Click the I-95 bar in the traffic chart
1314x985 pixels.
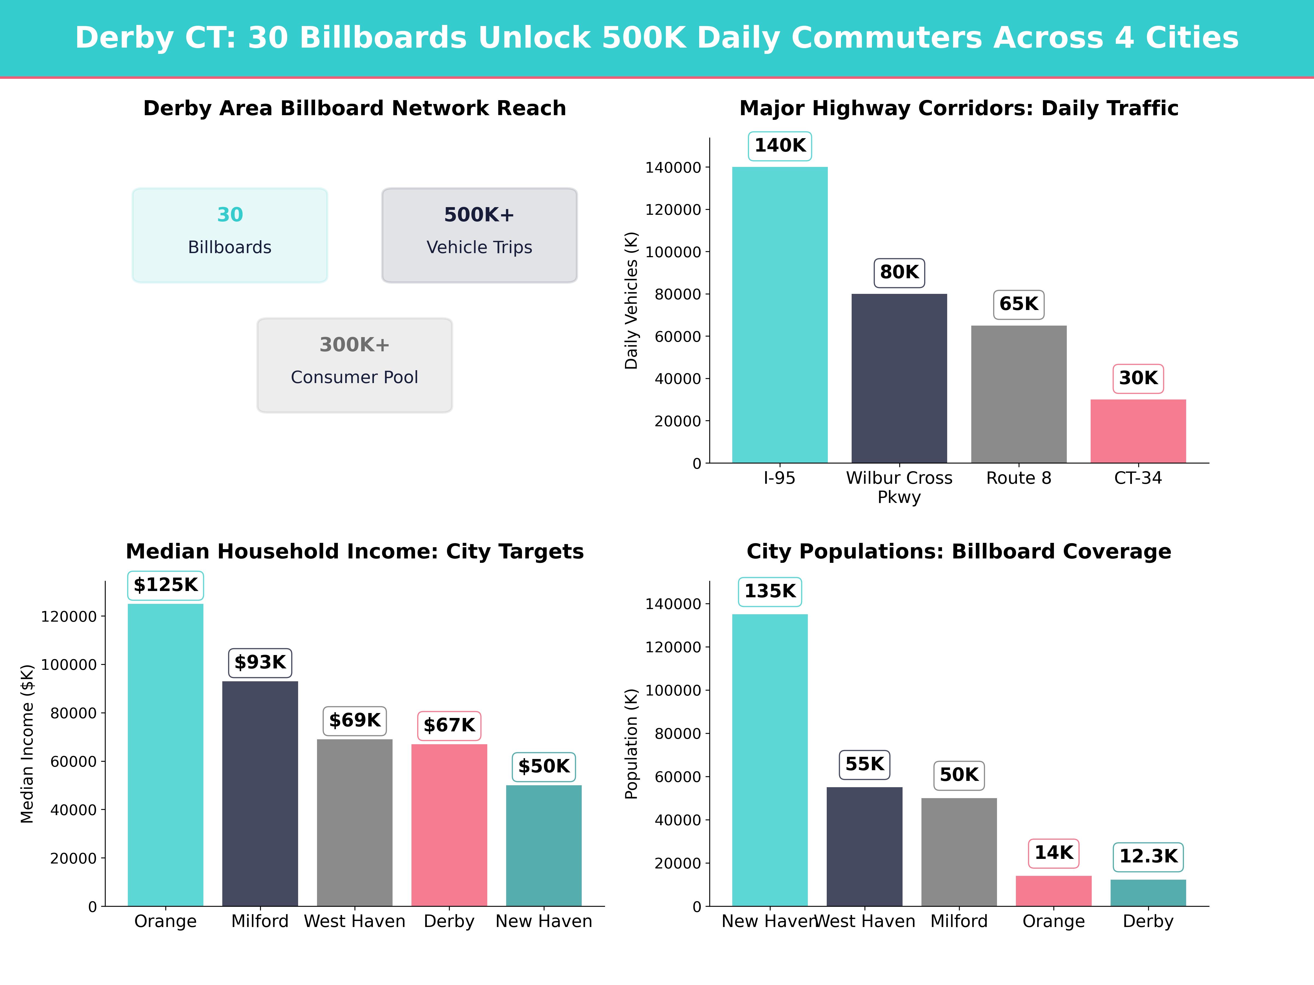tap(779, 315)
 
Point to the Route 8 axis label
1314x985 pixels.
tap(1018, 478)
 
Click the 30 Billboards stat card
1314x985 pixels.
tap(230, 235)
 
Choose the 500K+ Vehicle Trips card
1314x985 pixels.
tap(479, 235)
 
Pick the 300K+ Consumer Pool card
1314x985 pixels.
tap(355, 365)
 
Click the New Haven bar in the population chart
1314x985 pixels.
tap(770, 760)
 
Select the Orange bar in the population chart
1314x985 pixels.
tap(1053, 891)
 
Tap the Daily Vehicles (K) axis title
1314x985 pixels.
tap(631, 300)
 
